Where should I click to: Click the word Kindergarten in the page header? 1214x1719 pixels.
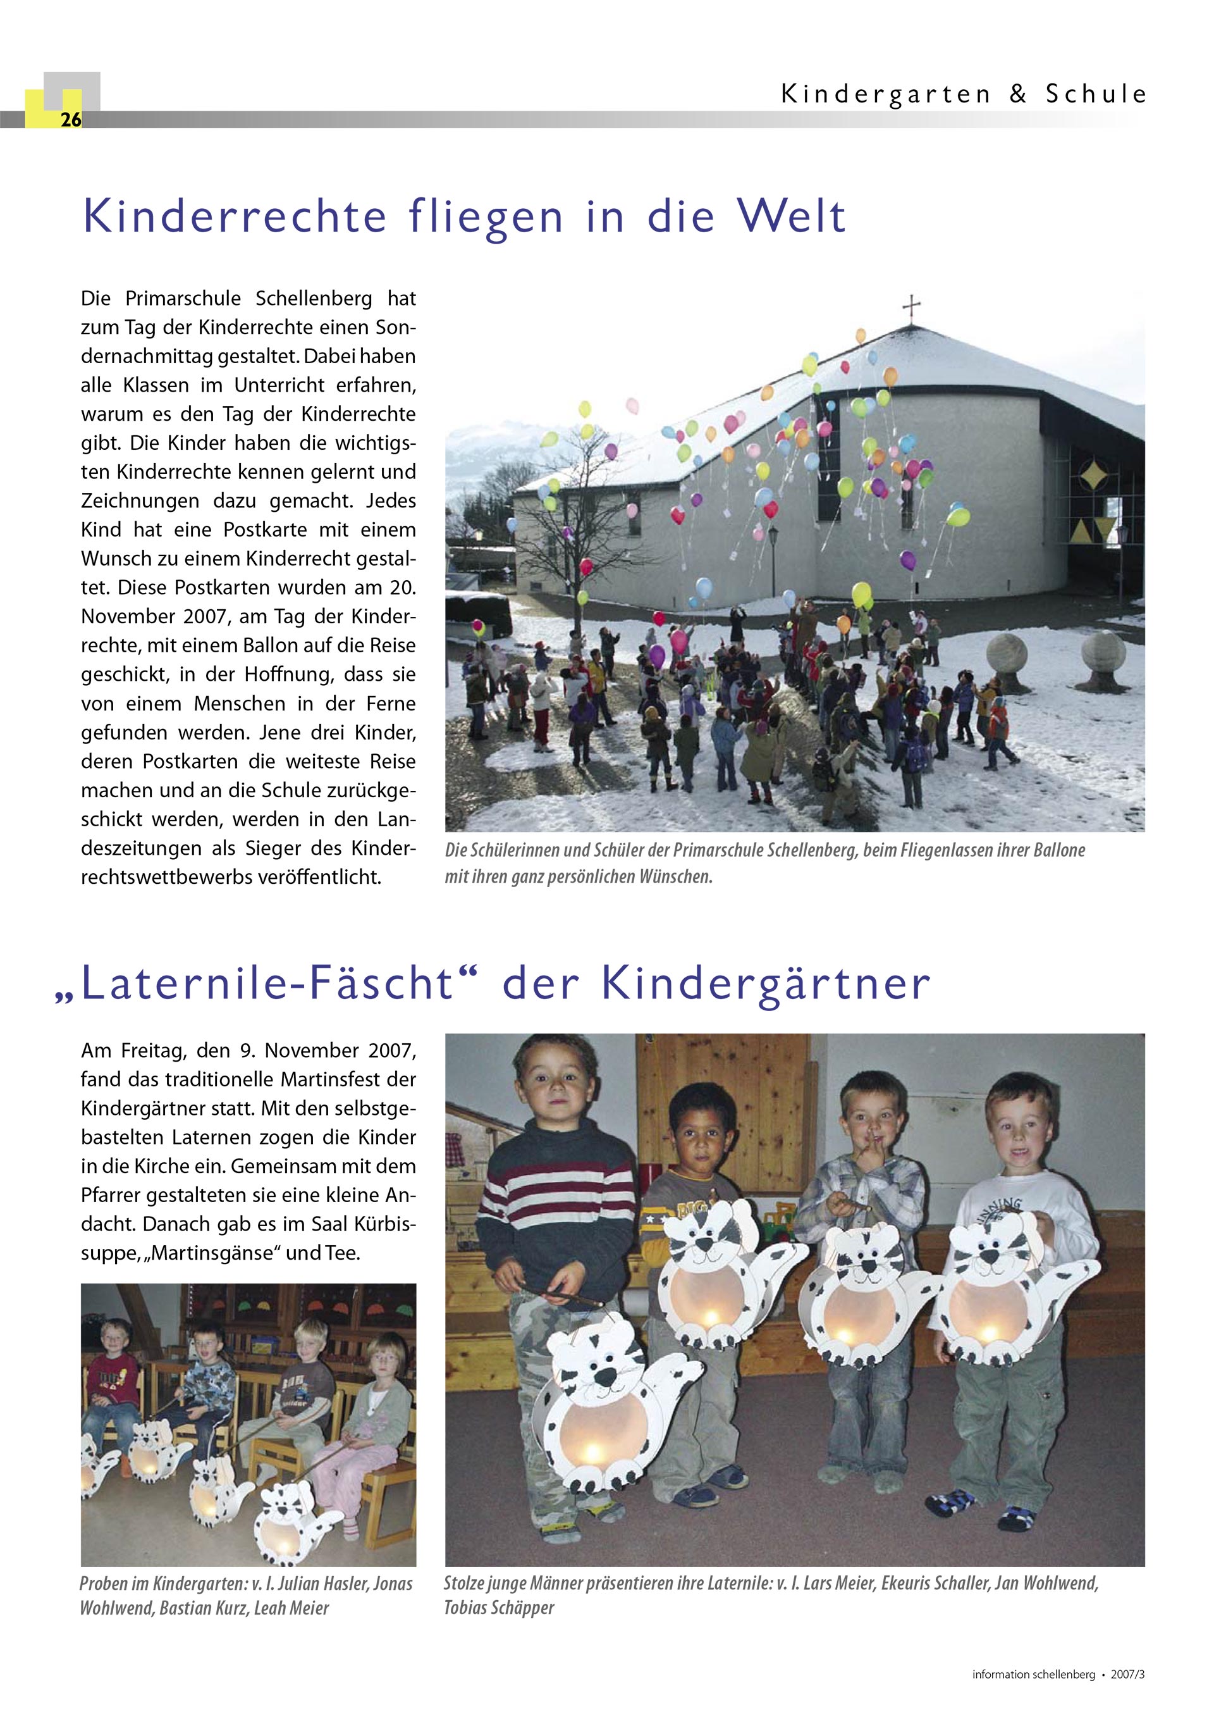click(x=885, y=94)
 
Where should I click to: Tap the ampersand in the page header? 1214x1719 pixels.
click(x=1018, y=94)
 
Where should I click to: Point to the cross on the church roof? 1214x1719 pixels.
click(x=911, y=306)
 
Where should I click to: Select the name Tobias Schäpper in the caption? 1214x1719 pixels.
click(x=500, y=1608)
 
